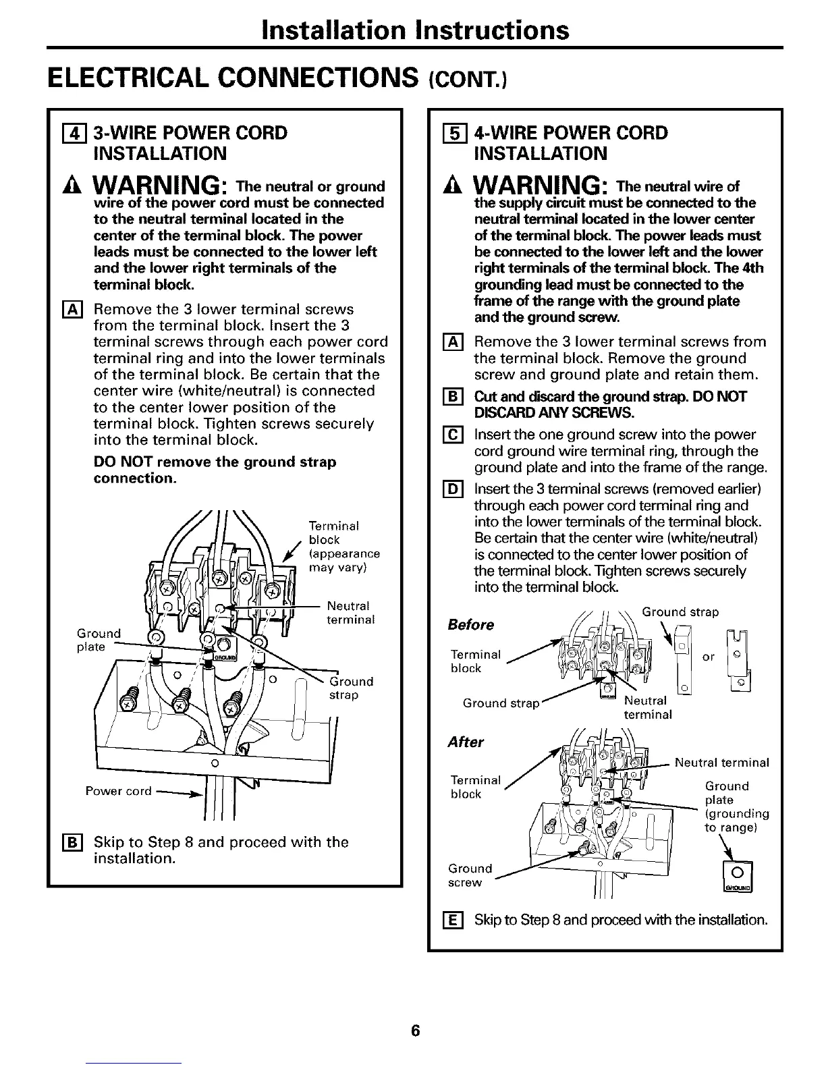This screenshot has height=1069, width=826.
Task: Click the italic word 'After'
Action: (x=466, y=742)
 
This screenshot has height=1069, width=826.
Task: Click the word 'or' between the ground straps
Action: (x=708, y=657)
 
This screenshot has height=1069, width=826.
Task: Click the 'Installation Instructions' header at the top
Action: (x=415, y=30)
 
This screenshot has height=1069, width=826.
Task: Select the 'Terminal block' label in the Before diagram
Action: (x=475, y=661)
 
